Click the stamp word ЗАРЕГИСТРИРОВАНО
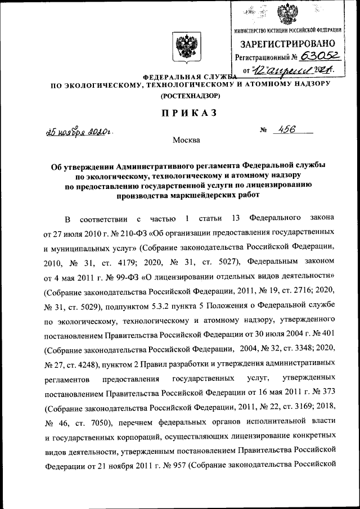click(289, 43)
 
